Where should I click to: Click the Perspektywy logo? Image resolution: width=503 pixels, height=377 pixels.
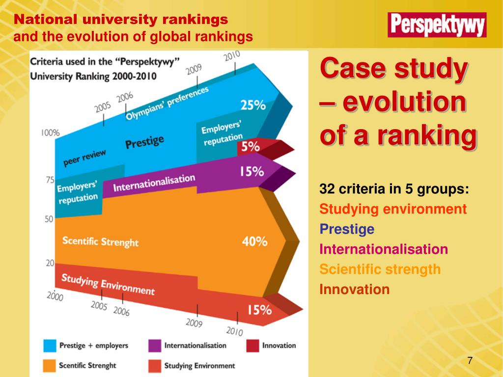point(437,25)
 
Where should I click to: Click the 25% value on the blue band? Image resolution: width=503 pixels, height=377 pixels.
point(253,105)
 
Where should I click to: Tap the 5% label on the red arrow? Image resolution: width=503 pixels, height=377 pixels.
point(250,146)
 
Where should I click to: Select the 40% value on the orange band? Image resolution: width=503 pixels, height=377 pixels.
point(254,241)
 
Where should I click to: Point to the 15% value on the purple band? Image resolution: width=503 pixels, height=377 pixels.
point(251,171)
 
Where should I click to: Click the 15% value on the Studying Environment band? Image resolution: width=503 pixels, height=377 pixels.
point(259,310)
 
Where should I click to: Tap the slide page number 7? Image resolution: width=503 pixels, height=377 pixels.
point(470,361)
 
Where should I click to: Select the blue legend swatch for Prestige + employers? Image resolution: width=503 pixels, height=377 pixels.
point(49,346)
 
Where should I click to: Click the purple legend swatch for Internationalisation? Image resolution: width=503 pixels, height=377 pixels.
point(154,346)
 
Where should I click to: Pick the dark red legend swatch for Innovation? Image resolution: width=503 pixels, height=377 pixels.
point(252,346)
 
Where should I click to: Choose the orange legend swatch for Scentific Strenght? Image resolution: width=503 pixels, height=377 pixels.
point(49,365)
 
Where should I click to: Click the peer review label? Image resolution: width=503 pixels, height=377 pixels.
point(84,158)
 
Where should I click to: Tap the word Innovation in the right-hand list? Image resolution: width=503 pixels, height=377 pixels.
point(354,289)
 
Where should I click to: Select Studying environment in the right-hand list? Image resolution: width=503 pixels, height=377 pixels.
point(392,209)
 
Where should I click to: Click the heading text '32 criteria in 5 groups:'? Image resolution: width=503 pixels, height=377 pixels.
point(394,189)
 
